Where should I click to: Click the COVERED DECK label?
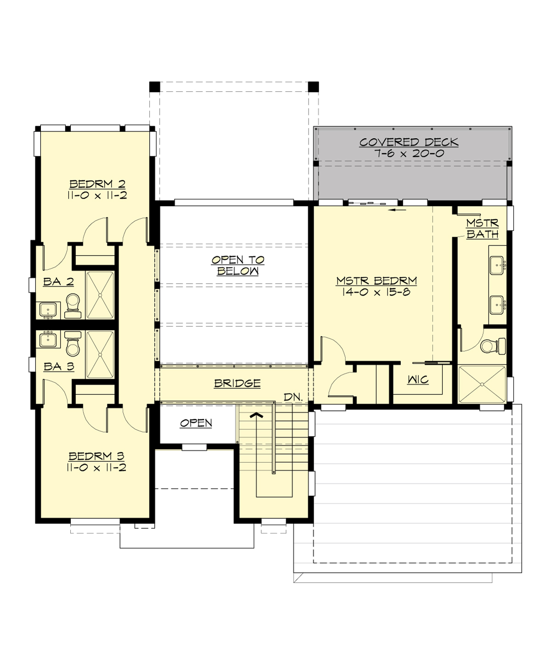click(x=409, y=142)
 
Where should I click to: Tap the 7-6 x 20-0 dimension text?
click(x=409, y=154)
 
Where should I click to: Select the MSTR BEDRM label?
click(x=377, y=280)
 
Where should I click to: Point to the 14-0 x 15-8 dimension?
click(x=376, y=292)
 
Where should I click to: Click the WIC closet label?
click(x=418, y=380)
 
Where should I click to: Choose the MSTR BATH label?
click(x=482, y=229)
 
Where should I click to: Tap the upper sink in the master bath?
click(x=497, y=265)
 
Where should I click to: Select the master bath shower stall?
click(x=482, y=384)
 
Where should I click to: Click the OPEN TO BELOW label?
click(x=238, y=265)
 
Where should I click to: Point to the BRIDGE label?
click(x=237, y=383)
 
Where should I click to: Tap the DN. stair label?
click(x=293, y=397)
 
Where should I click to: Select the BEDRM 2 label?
click(x=97, y=184)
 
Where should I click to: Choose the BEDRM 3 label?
click(x=96, y=456)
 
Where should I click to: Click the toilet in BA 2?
click(x=73, y=305)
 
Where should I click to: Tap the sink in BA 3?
click(x=48, y=340)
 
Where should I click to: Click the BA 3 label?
click(x=59, y=366)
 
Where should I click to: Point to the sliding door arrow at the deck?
click(x=397, y=210)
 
